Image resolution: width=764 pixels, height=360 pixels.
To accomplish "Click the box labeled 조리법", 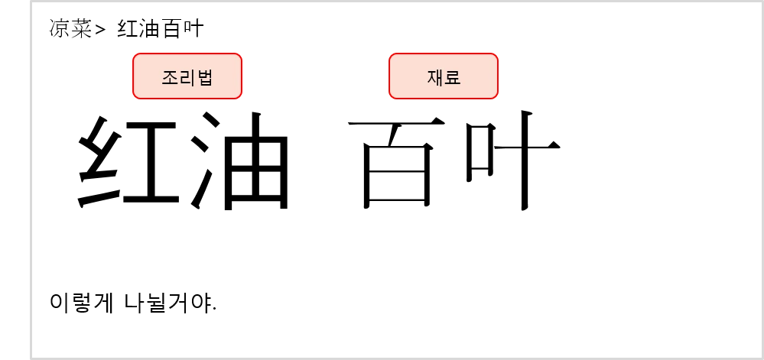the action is (187, 76).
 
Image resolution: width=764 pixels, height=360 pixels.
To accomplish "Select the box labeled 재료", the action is (444, 76).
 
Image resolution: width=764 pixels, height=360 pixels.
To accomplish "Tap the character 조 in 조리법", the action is (170, 77).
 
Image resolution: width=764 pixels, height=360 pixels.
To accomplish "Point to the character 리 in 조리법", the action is (187, 77).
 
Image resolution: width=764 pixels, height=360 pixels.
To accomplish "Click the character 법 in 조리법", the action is (205, 77).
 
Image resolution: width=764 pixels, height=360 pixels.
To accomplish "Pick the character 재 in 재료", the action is (435, 77).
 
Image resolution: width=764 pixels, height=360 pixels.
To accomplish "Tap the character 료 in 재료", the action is (453, 77).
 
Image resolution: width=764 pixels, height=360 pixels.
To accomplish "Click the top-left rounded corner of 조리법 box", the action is (135, 56).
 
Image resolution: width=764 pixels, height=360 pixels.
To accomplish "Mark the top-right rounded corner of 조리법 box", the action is (239, 56).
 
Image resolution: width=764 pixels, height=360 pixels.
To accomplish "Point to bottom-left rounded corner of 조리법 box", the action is (135, 96).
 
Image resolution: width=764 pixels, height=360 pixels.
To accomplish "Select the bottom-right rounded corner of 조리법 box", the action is (239, 96).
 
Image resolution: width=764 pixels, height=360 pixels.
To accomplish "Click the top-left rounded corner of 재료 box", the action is (392, 56).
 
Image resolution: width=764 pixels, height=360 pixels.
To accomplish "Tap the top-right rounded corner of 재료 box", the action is (496, 56).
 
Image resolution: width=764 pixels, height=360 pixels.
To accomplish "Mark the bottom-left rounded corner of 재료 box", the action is (392, 96).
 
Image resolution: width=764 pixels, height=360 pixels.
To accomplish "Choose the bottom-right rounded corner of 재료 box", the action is (496, 96).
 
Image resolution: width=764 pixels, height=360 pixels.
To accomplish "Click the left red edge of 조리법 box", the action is (133, 76).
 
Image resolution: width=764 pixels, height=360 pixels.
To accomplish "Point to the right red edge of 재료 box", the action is (498, 76).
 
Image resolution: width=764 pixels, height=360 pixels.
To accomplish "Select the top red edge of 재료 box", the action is (444, 54).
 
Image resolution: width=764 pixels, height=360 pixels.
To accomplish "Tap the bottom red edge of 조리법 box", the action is (187, 99).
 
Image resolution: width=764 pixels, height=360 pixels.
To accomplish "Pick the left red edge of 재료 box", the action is (389, 76).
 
